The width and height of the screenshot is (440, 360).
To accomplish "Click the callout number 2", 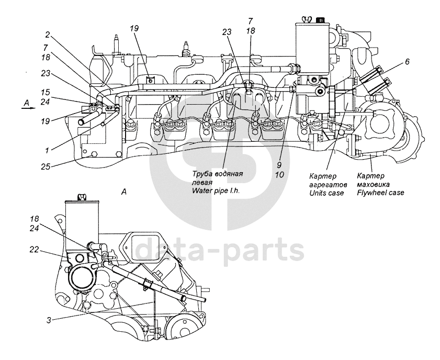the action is (x=48, y=35).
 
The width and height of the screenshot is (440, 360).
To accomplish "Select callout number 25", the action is (x=46, y=166).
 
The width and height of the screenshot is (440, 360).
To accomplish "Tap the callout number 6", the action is (x=407, y=62).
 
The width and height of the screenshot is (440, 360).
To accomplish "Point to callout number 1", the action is (x=47, y=151).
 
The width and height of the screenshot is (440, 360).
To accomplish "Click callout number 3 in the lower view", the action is (x=49, y=320).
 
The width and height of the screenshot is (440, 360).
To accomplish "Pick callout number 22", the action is (x=34, y=250).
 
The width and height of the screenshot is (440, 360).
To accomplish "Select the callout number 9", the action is (x=279, y=165).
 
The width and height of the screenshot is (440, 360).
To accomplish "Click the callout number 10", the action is (x=279, y=175).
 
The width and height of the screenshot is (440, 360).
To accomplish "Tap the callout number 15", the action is (x=46, y=92).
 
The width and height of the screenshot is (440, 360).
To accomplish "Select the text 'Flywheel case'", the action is (x=380, y=193).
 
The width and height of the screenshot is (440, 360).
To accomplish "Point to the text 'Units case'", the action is (x=326, y=193).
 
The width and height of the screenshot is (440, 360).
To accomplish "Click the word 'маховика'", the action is (x=373, y=184).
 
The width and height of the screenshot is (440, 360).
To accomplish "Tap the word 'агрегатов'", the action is (x=329, y=185).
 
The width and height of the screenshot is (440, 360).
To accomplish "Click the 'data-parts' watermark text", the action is (x=220, y=249).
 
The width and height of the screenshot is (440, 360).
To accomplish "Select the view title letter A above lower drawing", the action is (x=124, y=192).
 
